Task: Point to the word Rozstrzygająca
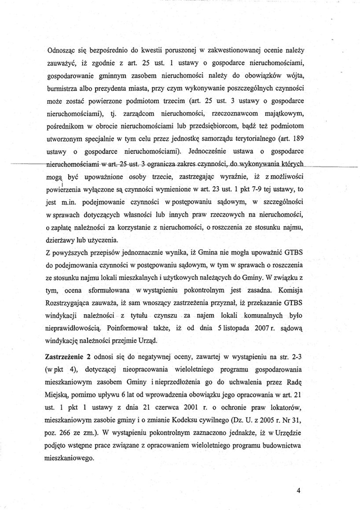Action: [70, 302]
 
